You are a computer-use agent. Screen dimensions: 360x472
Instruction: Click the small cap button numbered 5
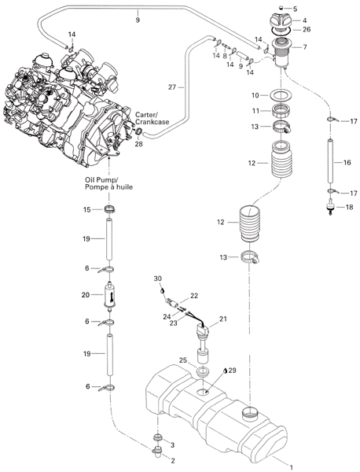(281, 8)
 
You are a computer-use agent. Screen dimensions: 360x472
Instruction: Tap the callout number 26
(307, 29)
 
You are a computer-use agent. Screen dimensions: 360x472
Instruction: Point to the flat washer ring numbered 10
(281, 95)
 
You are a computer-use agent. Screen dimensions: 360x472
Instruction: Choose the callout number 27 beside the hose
(172, 87)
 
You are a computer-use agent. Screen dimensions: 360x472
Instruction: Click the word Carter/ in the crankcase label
(146, 115)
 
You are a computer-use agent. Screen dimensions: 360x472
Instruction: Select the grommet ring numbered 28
(139, 131)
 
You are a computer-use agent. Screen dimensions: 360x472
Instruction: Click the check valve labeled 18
(331, 208)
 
